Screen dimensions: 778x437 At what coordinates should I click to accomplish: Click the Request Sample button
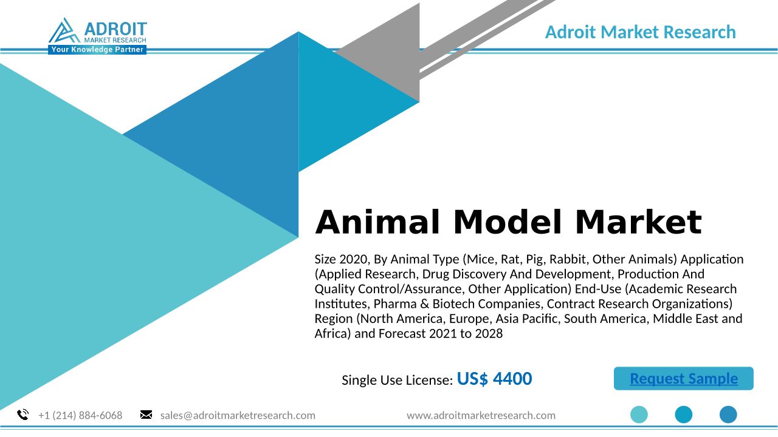(x=684, y=378)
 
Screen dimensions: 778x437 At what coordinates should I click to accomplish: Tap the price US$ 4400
(x=494, y=378)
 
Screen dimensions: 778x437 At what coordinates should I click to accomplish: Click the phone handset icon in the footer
(x=23, y=415)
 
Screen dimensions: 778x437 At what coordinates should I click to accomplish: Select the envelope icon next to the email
(x=146, y=415)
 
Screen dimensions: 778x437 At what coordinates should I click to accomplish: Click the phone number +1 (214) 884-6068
(x=80, y=415)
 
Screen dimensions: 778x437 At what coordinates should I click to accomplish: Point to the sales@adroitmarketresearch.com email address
(x=238, y=415)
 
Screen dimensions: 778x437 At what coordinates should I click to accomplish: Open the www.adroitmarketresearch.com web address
(x=481, y=415)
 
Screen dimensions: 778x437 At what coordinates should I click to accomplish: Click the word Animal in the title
(x=377, y=222)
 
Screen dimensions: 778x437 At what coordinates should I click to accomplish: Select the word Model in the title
(x=508, y=222)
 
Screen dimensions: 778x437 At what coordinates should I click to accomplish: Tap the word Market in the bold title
(x=638, y=222)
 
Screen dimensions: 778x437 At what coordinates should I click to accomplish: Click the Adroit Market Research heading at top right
(x=641, y=32)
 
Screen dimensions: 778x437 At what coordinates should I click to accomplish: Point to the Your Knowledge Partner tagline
(x=97, y=50)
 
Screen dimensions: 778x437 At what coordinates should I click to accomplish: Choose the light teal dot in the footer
(x=639, y=415)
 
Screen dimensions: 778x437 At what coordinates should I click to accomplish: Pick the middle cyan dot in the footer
(x=684, y=415)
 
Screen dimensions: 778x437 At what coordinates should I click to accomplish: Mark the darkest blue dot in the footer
(x=728, y=415)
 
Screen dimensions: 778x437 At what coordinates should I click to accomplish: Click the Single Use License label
(x=398, y=380)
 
